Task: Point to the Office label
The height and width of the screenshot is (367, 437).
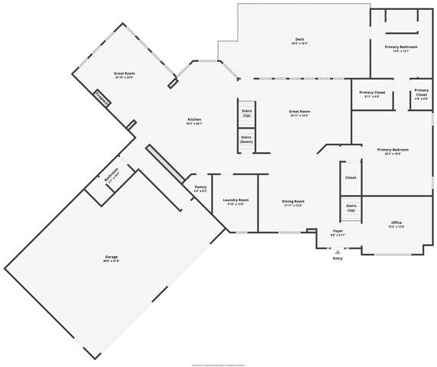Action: (396, 223)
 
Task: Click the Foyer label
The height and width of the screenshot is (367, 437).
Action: (338, 232)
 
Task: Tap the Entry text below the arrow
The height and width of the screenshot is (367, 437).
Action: (338, 258)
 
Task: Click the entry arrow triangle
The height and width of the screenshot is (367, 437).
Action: (338, 250)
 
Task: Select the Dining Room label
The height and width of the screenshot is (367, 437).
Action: (293, 203)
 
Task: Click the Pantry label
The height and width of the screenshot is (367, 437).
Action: (200, 188)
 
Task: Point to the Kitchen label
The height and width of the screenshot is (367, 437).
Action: (195, 121)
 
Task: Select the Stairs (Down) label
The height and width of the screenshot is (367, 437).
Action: (246, 139)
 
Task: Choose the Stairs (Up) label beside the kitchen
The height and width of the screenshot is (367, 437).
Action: (246, 112)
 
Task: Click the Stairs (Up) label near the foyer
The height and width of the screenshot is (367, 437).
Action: (351, 207)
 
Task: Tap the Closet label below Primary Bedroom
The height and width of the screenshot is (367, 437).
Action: (351, 177)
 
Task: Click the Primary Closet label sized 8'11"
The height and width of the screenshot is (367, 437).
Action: (372, 94)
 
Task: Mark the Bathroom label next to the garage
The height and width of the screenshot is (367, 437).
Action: (112, 177)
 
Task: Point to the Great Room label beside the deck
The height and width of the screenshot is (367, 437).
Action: (299, 113)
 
